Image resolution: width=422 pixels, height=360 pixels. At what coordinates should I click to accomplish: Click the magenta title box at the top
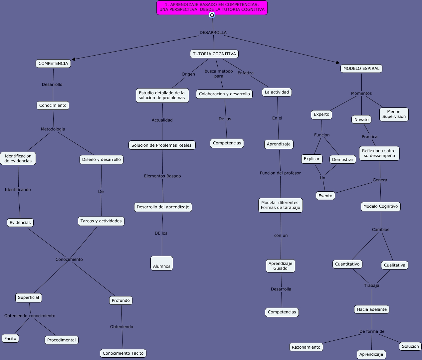212,7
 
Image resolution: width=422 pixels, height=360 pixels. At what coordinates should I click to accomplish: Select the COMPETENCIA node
53,64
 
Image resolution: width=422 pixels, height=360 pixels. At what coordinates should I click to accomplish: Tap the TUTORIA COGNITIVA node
214,54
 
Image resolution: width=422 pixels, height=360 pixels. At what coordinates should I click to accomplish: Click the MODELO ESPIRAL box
361,69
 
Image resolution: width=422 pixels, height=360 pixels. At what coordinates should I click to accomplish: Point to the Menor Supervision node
394,114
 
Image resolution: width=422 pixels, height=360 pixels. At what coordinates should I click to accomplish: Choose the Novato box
361,120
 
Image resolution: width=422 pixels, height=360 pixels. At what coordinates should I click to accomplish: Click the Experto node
321,114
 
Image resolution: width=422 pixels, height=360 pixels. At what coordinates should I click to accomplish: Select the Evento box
325,196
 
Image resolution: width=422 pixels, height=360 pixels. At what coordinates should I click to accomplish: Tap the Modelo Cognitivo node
380,206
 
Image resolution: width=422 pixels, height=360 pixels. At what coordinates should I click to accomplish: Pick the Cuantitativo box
347,264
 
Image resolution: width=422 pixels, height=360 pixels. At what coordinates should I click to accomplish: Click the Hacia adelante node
372,309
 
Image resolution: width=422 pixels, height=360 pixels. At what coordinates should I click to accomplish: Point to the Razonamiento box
306,347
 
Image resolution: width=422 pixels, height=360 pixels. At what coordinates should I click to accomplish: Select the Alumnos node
162,264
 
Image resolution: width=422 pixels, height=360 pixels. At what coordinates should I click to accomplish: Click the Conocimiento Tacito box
123,353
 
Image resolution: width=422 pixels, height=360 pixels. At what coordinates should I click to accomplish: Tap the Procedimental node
62,340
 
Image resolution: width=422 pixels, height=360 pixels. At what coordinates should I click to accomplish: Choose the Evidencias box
20,223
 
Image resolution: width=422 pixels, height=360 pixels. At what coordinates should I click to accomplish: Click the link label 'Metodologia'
53,129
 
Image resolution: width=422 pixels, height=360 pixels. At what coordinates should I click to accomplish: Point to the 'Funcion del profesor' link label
280,173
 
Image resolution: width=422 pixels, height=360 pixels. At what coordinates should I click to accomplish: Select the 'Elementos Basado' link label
162,176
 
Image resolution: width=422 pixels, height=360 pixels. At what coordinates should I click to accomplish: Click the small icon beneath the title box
212,15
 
